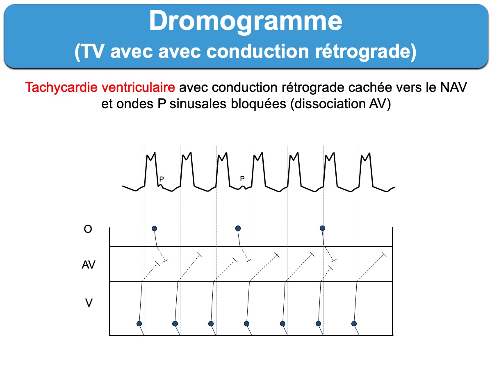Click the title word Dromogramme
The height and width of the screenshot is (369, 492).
[x=246, y=21]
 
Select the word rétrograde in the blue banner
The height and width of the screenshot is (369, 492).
[x=366, y=52]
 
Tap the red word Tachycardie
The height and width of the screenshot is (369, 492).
[x=61, y=87]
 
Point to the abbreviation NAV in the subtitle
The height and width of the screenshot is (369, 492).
[x=453, y=87]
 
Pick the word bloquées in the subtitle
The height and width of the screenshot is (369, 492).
[x=258, y=104]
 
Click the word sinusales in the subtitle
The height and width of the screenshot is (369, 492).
[x=198, y=104]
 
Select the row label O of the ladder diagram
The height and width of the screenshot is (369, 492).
[x=88, y=229]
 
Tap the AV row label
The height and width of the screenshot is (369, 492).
[x=89, y=264]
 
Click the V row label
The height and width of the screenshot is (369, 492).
[x=89, y=303]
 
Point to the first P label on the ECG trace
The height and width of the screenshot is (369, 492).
[x=162, y=179]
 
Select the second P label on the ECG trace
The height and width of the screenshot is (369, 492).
[x=242, y=179]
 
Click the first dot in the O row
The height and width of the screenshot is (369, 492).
[x=154, y=228]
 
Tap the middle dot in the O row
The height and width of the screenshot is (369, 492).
[x=238, y=228]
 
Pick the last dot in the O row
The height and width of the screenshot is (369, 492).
[x=322, y=228]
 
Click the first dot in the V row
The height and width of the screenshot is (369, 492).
[x=139, y=323]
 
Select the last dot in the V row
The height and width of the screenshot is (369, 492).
[x=354, y=323]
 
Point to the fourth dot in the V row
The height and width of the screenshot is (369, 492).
[x=246, y=323]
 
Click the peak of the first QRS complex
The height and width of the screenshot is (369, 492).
[x=155, y=153]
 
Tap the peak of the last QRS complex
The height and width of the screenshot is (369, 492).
[x=370, y=153]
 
